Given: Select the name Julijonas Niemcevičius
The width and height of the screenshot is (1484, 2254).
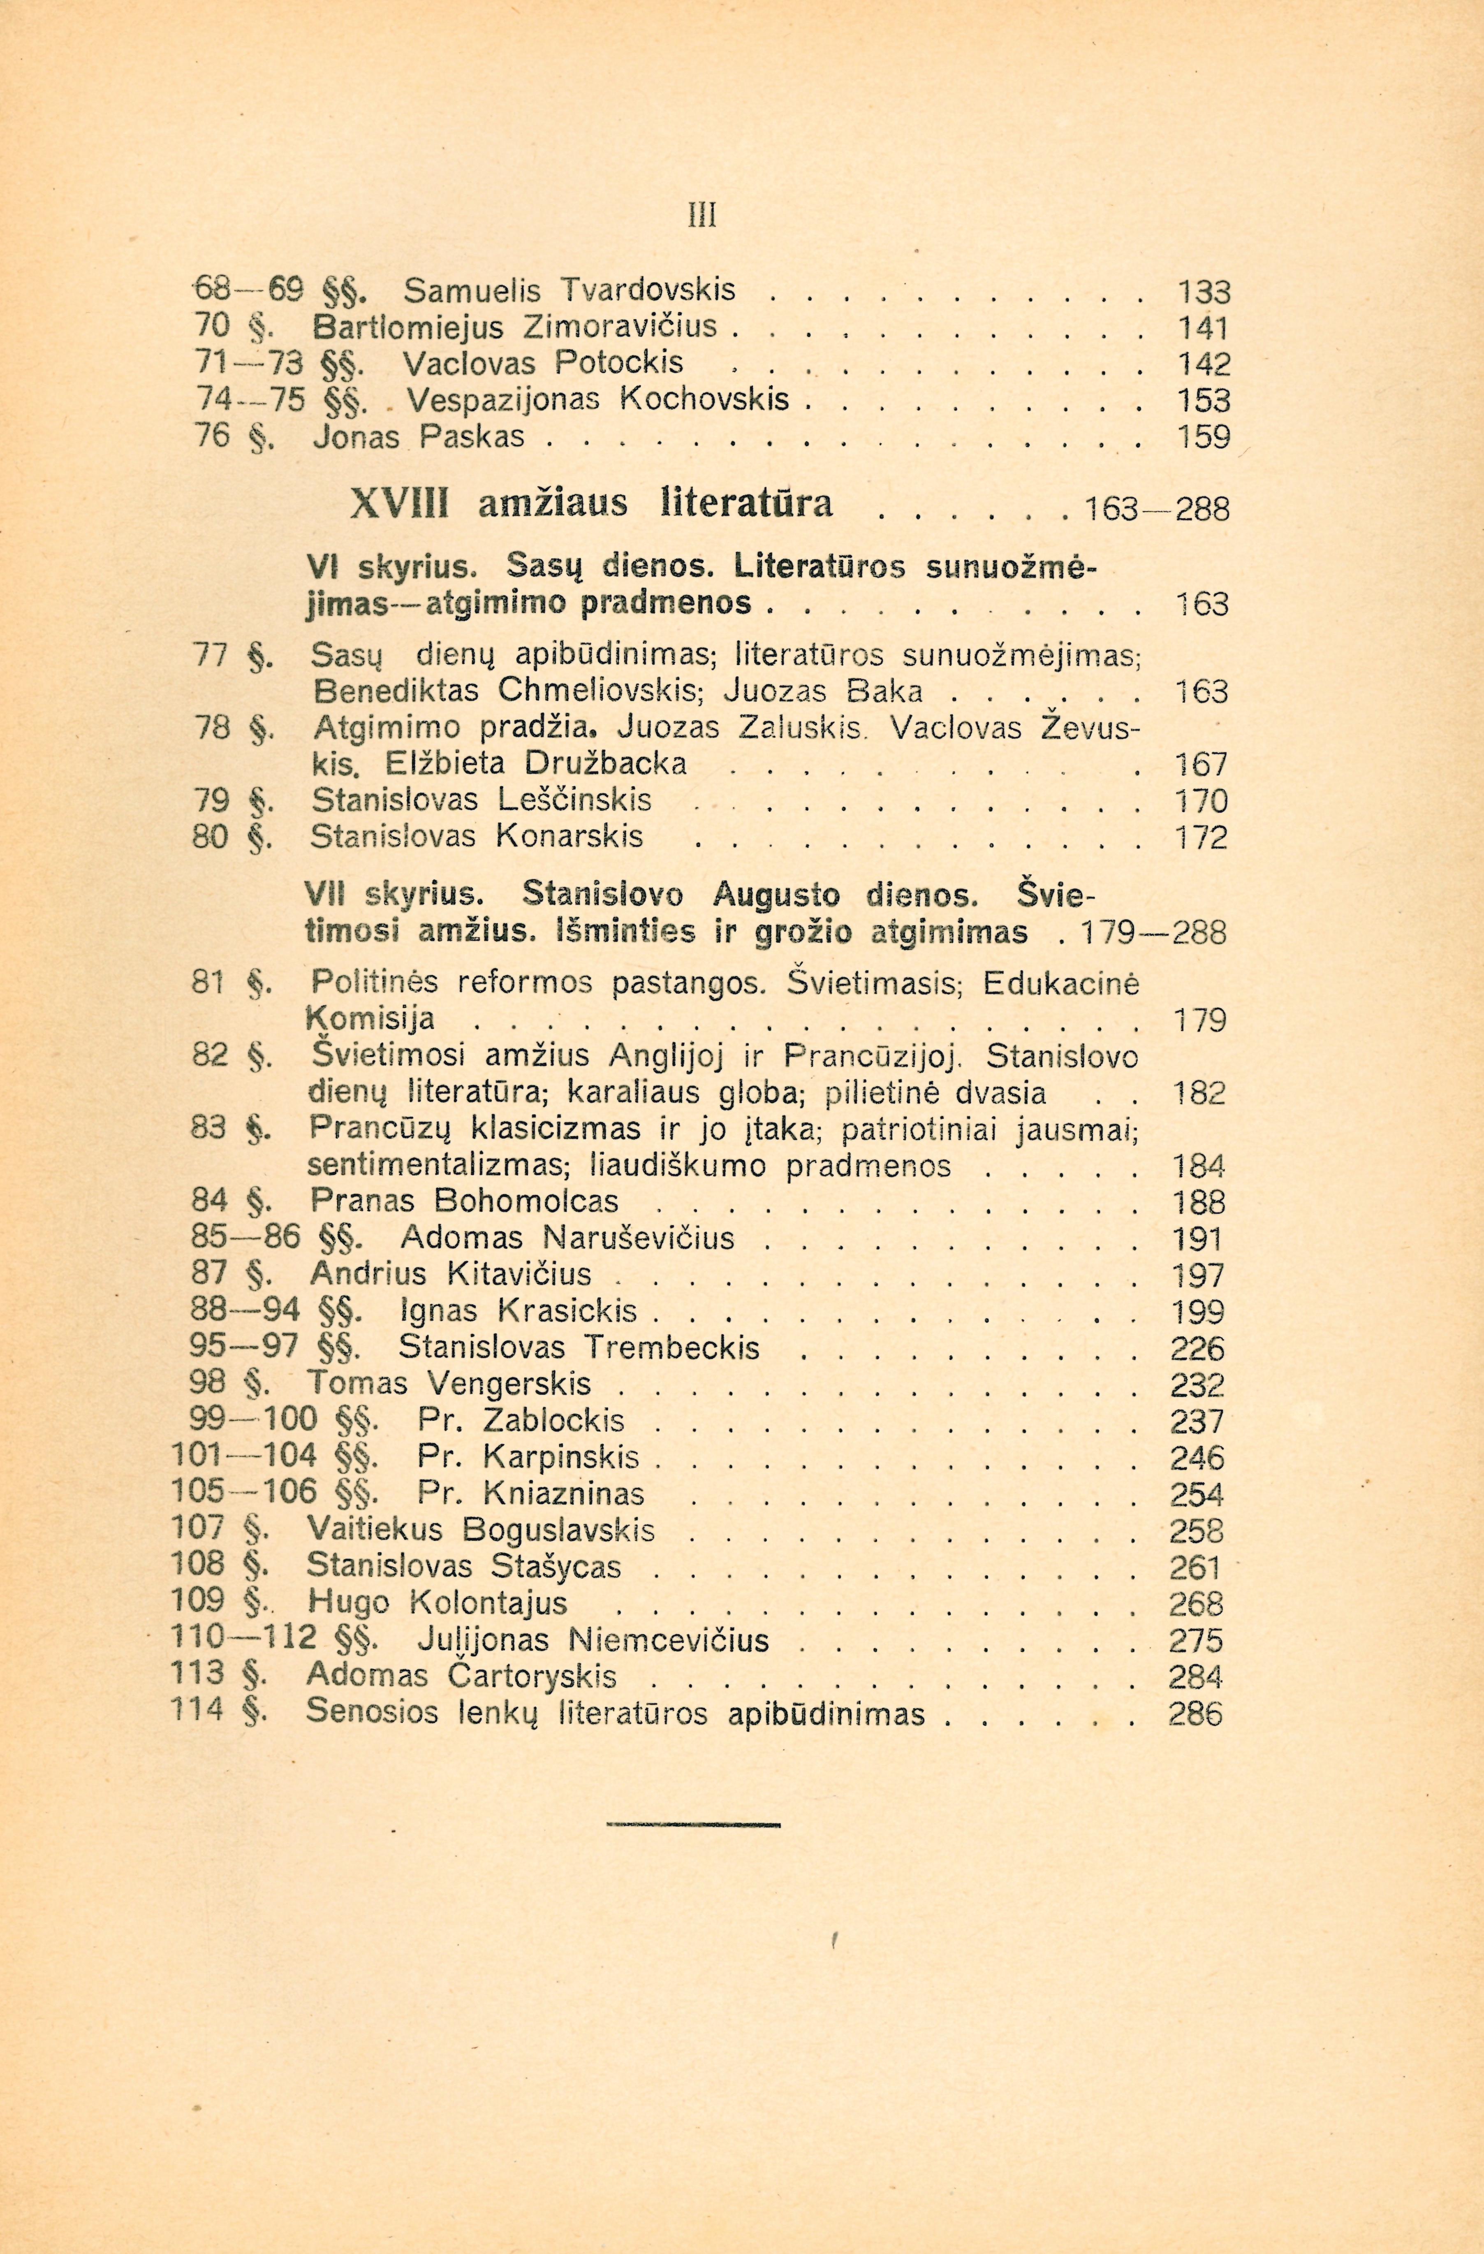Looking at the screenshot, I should [592, 1639].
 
